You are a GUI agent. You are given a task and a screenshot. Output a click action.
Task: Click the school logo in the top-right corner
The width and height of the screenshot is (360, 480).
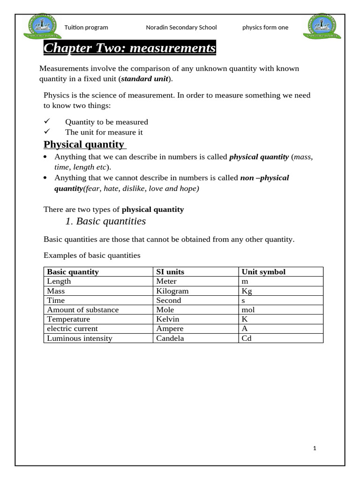[323, 27]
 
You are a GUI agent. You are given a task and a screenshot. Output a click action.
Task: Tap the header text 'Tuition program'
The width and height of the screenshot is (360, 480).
[86, 28]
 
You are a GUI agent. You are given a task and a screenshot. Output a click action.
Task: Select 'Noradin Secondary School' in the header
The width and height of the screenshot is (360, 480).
[181, 28]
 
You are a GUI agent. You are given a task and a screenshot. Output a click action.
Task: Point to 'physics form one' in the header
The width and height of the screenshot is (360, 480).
[265, 28]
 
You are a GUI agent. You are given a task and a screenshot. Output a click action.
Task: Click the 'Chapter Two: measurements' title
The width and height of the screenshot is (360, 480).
[129, 48]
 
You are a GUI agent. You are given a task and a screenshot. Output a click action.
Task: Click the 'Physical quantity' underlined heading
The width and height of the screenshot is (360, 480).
[84, 144]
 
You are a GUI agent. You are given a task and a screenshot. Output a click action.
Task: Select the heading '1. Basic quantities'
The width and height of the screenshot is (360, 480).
[105, 221]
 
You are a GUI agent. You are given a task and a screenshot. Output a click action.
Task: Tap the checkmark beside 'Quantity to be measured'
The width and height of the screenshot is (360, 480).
[47, 122]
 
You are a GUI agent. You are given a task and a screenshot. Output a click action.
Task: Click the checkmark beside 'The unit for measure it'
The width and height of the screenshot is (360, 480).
[47, 132]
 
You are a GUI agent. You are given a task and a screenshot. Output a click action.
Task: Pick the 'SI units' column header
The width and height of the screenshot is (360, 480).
[170, 272]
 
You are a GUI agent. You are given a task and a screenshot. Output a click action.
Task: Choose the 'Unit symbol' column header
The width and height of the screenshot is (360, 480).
[263, 272]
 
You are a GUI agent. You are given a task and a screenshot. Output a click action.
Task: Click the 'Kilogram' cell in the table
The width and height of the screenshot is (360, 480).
[172, 291]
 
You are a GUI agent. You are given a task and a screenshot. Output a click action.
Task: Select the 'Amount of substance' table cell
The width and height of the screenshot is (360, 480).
[83, 310]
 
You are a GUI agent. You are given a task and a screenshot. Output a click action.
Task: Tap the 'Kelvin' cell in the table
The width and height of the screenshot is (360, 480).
[167, 319]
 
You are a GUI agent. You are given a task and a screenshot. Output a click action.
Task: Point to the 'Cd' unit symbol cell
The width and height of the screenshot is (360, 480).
[247, 338]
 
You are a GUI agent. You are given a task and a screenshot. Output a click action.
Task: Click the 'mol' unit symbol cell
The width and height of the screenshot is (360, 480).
[248, 310]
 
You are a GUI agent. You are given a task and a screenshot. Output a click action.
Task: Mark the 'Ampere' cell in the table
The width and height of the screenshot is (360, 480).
[170, 329]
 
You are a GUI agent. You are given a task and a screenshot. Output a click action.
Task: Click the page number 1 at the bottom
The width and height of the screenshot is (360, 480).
[315, 448]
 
